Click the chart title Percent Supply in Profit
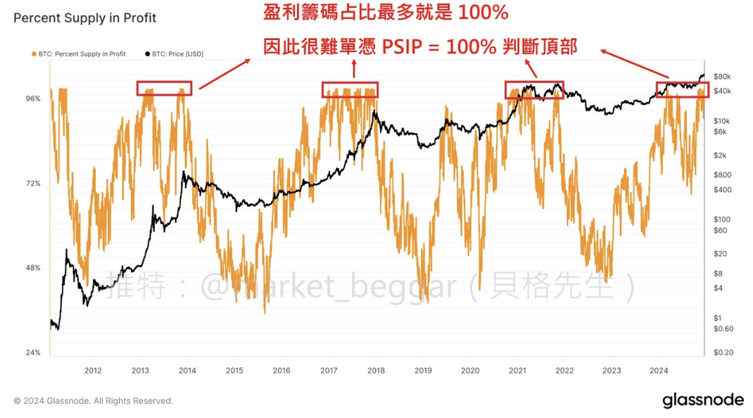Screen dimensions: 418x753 (85, 18)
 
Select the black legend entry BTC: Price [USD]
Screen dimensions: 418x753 (174, 53)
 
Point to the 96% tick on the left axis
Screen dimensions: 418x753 (33, 99)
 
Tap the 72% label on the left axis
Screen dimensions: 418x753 (33, 184)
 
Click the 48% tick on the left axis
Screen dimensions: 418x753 (33, 268)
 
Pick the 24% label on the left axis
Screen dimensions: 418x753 (33, 353)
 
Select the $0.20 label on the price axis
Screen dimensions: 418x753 (723, 353)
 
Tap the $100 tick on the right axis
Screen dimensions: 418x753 (722, 220)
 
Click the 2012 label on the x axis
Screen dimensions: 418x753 (93, 370)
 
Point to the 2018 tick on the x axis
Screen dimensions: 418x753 (375, 370)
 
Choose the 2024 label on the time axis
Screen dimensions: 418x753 (659, 370)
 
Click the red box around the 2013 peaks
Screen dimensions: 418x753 (165, 88)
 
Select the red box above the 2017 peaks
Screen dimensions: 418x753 (350, 89)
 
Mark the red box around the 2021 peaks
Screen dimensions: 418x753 (534, 89)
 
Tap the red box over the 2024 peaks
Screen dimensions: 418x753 (682, 89)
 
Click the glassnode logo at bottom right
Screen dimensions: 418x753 (702, 400)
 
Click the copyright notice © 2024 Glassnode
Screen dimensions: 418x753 (93, 401)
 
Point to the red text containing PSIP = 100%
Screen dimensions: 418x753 (419, 47)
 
